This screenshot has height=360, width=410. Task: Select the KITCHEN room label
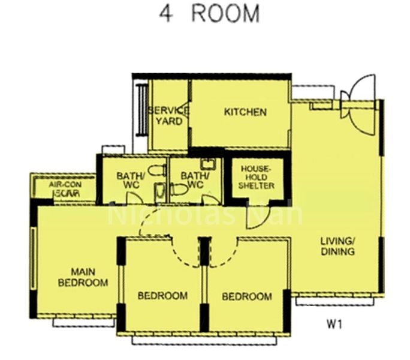click(x=245, y=112)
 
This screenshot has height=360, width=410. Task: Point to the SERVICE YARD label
click(x=168, y=115)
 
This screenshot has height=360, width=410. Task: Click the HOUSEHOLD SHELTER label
click(x=257, y=178)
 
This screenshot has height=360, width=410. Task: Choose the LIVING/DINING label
click(x=337, y=246)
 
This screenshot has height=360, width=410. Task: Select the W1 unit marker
click(x=334, y=324)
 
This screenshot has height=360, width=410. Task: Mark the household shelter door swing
click(x=254, y=219)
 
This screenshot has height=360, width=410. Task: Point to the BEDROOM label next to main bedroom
click(x=162, y=296)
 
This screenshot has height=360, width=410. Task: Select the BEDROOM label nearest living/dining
click(x=246, y=296)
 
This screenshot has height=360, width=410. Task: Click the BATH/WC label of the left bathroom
click(x=128, y=180)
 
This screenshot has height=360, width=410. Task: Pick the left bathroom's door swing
click(x=150, y=225)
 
